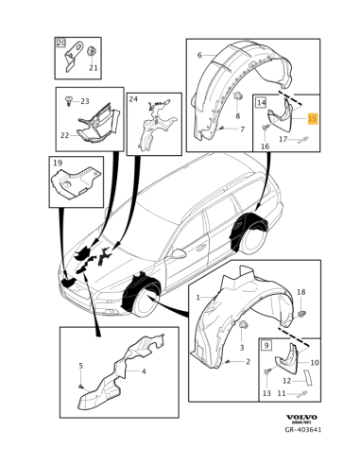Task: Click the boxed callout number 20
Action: tap(61, 43)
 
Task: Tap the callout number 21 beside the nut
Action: tap(93, 68)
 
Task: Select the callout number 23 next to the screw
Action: tap(84, 100)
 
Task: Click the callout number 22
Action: tap(64, 135)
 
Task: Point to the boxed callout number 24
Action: tap(133, 98)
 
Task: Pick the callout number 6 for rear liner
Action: tap(198, 56)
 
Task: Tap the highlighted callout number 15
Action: tap(313, 119)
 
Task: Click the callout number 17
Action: tap(283, 138)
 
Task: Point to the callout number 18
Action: tap(300, 292)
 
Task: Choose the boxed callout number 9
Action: tap(266, 347)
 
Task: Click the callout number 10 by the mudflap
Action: tap(315, 363)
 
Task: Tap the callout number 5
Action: tap(80, 366)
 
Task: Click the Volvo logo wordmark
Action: tap(301, 417)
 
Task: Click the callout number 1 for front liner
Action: tap(197, 297)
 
